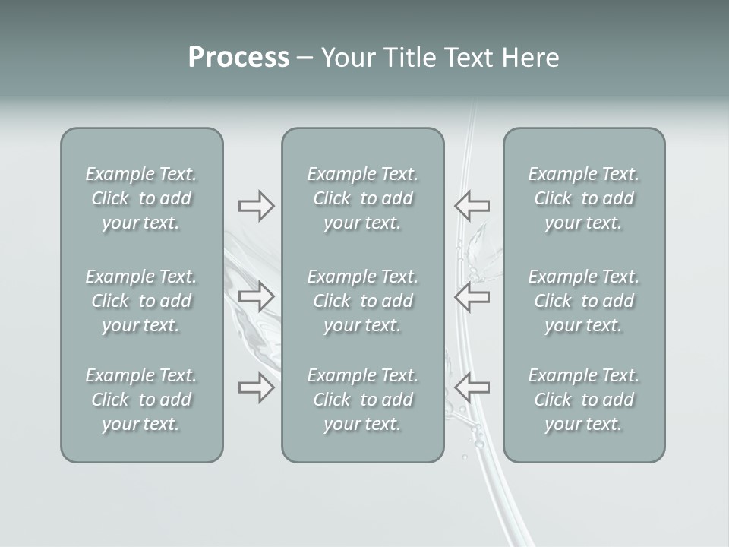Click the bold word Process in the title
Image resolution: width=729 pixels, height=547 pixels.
(x=238, y=58)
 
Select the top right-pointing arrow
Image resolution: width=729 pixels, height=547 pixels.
(x=256, y=206)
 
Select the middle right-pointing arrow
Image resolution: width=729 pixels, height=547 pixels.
(x=256, y=296)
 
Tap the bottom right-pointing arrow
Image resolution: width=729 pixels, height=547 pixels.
(x=256, y=387)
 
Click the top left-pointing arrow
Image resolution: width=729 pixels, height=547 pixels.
(x=472, y=205)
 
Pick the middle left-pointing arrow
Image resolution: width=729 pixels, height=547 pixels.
(x=472, y=296)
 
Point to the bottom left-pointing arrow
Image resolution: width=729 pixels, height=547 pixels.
(x=472, y=387)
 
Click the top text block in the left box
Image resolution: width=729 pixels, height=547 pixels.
(x=141, y=198)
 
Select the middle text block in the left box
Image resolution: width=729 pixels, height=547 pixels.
(x=141, y=301)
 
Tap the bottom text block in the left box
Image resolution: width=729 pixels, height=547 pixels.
(x=141, y=400)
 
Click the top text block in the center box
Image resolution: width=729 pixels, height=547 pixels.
(x=362, y=198)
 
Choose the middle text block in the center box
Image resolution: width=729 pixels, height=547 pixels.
(x=362, y=301)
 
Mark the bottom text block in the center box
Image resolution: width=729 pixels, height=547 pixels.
(x=362, y=400)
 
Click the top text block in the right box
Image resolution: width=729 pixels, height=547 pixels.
(x=584, y=198)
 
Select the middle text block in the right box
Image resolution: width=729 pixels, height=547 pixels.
(x=584, y=301)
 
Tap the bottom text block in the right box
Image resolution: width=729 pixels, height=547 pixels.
(x=584, y=400)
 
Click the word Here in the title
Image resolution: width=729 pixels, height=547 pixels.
(x=531, y=58)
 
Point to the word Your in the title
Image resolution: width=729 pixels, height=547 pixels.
(x=347, y=58)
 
